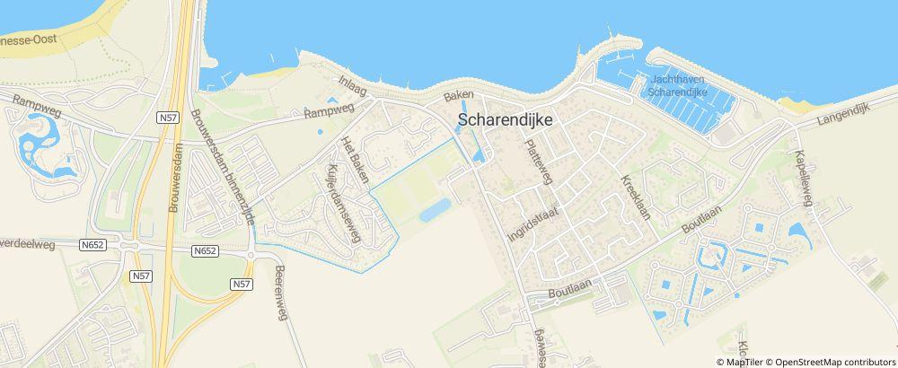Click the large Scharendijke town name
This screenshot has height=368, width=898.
pyautogui.click(x=509, y=118)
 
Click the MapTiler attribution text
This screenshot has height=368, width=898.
pyautogui.click(x=744, y=361)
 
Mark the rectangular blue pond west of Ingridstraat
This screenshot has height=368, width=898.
pyautogui.click(x=436, y=210)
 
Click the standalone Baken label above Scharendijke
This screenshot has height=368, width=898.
pyautogui.click(x=459, y=94)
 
